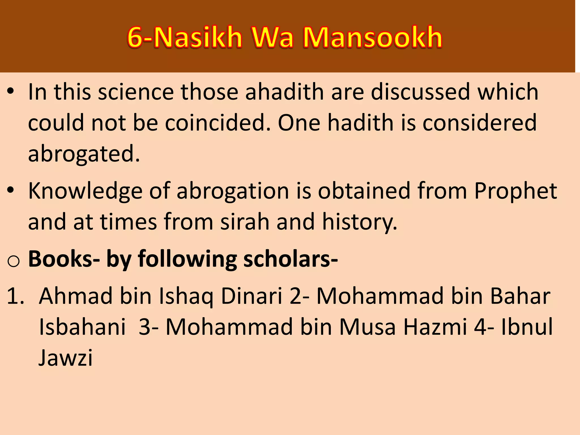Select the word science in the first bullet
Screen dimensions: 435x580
pyautogui.click(x=136, y=92)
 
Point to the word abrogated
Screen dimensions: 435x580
pyautogui.click(x=84, y=153)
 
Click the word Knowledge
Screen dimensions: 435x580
pyautogui.click(x=85, y=191)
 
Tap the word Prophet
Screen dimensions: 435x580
pyautogui.click(x=515, y=191)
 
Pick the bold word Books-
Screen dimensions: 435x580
pyautogui.click(x=64, y=259)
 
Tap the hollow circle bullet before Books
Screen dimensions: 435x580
pyautogui.click(x=13, y=261)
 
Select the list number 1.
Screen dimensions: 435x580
pyautogui.click(x=15, y=296)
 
